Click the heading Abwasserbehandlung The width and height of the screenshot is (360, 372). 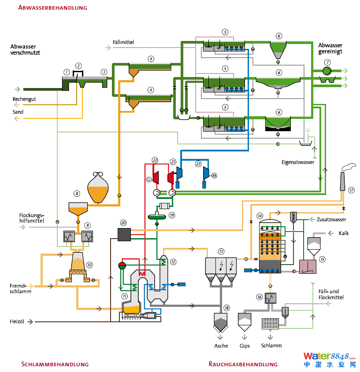[52, 7]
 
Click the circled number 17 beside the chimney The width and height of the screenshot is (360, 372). [351, 190]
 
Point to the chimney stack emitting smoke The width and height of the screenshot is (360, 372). [342, 180]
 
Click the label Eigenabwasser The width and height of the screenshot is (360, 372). [298, 162]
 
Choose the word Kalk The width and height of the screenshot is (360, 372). [344, 233]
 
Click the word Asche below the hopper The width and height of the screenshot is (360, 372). [221, 346]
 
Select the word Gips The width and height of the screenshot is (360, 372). [245, 346]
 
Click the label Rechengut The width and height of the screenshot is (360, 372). [24, 99]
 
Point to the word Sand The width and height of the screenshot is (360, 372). [18, 112]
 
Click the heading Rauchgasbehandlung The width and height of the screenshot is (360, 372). [243, 364]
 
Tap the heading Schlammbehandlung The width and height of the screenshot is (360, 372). [55, 364]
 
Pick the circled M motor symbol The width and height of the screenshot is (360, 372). [215, 176]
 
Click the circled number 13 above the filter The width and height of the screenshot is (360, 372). [221, 251]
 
